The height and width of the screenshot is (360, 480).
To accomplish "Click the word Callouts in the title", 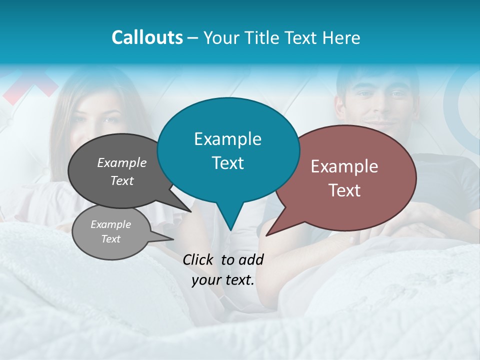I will coord(147,37).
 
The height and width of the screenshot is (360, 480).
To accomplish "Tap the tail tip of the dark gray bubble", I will coord(190,211).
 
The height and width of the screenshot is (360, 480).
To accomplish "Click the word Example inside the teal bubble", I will coord(227,139).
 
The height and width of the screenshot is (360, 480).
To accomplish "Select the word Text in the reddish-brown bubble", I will coord(344,190).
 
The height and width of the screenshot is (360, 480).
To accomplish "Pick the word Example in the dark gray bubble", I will coord(122,163).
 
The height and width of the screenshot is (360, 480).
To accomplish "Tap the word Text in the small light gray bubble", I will coord(111,239).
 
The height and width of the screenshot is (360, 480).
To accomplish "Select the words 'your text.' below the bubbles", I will coord(223,280).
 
